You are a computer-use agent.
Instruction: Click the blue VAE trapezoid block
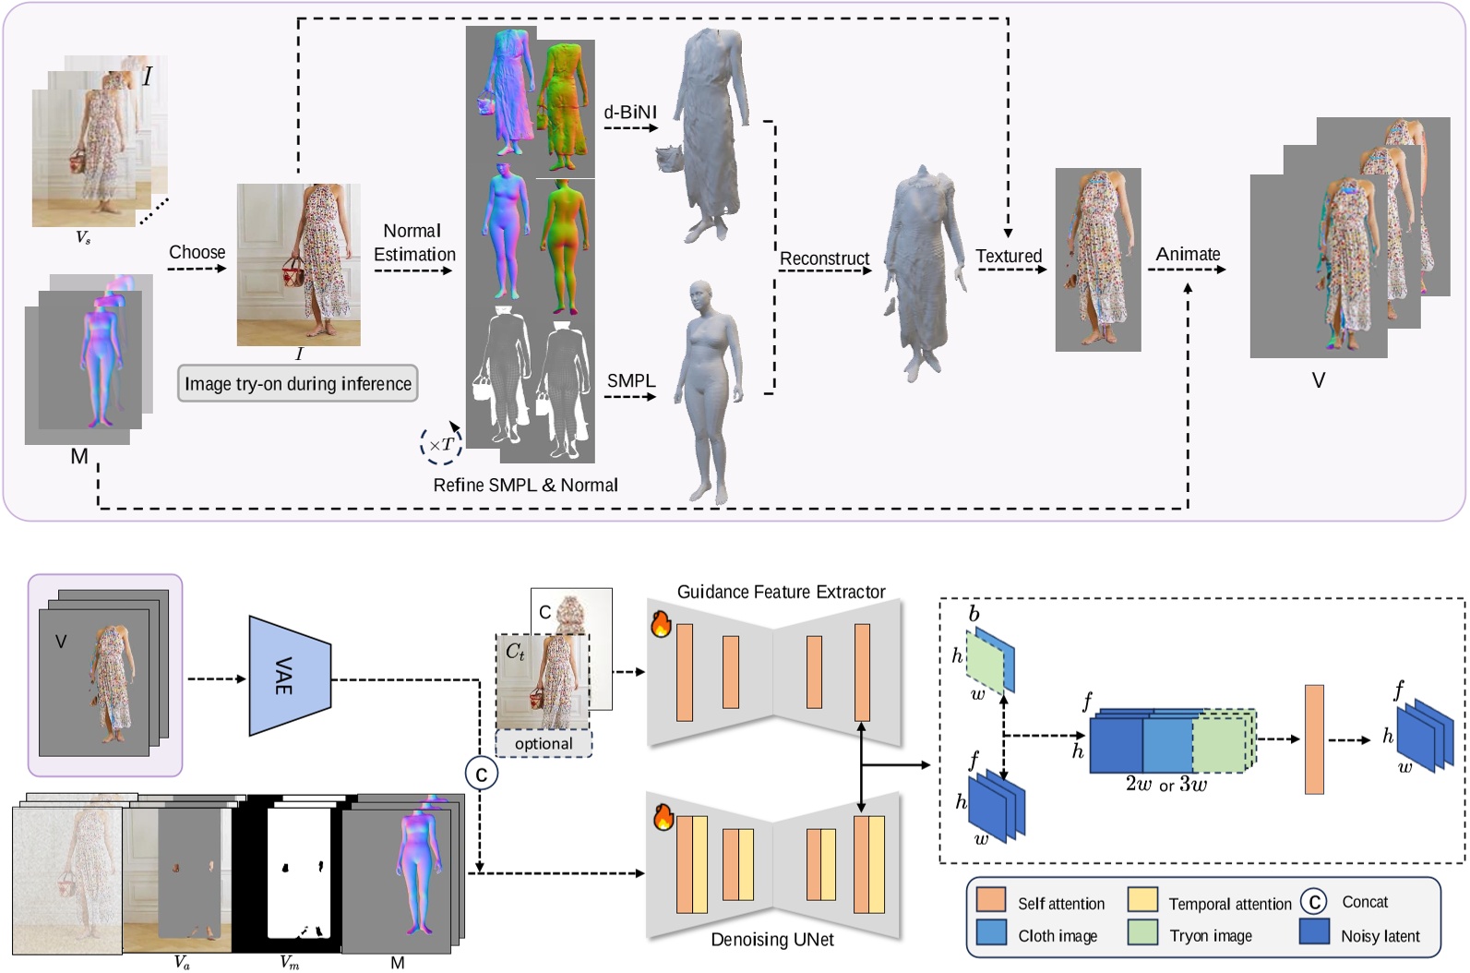pos(289,677)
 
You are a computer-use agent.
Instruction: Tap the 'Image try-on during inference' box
pos(297,384)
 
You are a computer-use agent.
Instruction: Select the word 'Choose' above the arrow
pos(197,252)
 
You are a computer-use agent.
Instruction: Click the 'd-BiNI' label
pos(630,113)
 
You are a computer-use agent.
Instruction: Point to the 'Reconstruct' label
pos(824,258)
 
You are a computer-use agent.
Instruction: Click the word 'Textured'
pos(1009,256)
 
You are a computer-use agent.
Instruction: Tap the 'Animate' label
pos(1188,254)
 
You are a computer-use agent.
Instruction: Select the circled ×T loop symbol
pos(440,445)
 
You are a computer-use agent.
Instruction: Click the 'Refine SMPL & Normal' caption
pos(525,485)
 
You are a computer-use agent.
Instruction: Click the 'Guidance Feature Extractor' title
pos(781,592)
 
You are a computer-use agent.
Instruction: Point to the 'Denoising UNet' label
pos(771,940)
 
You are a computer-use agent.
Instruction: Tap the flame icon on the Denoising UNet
pos(663,817)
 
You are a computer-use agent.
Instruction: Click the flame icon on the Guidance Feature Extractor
pos(661,623)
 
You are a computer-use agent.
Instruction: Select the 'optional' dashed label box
pos(544,744)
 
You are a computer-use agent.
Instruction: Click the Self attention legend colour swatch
pos(990,900)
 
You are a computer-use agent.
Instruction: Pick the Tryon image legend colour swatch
pos(1142,932)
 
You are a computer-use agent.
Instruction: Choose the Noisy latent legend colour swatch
pos(1314,931)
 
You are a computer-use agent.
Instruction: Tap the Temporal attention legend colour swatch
pos(1142,900)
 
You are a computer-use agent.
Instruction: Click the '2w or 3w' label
pos(1165,785)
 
